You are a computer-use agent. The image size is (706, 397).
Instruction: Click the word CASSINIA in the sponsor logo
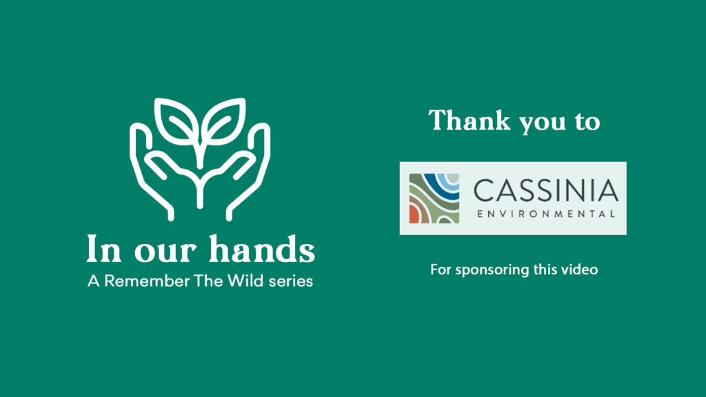[546, 190]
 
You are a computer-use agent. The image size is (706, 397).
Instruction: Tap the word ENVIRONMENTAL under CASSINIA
[546, 214]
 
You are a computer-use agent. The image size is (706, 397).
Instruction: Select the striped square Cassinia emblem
[434, 198]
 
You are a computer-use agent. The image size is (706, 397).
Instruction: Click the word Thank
[469, 120]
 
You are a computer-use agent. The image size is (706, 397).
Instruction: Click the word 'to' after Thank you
[587, 121]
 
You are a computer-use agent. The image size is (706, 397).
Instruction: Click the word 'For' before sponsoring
[441, 269]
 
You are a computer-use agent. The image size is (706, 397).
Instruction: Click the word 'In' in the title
[103, 248]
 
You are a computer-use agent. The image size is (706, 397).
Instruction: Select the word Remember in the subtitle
[147, 281]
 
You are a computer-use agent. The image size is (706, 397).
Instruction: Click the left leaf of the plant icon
[176, 121]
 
